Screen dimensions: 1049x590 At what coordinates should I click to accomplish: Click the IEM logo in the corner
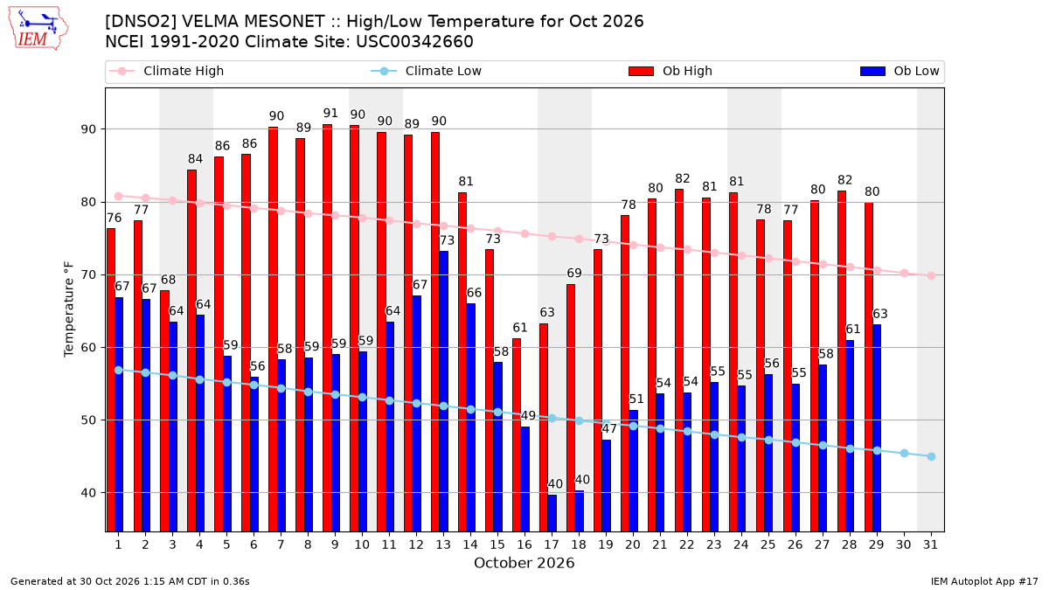[38, 29]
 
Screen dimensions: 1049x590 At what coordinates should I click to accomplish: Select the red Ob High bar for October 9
[327, 328]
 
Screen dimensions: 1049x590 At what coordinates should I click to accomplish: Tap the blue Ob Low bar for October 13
[443, 392]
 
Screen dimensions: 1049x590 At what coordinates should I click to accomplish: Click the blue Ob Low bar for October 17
[552, 513]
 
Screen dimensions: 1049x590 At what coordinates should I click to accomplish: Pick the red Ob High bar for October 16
[517, 435]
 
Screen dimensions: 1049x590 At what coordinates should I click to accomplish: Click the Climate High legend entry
[166, 71]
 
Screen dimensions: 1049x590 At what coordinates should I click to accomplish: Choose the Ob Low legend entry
[900, 71]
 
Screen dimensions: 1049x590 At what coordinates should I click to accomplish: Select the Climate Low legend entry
[427, 71]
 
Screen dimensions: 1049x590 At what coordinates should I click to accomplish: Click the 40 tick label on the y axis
[88, 493]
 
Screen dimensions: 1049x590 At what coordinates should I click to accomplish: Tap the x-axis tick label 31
[930, 545]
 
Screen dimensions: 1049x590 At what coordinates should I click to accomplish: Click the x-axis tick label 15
[497, 545]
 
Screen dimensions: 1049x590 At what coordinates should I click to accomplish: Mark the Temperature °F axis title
[69, 309]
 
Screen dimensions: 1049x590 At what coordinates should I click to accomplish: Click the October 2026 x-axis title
[524, 563]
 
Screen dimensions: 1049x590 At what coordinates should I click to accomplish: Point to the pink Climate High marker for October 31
[932, 276]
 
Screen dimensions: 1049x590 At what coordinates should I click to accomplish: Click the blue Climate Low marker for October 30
[904, 454]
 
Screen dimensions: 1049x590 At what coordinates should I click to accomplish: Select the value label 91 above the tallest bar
[330, 114]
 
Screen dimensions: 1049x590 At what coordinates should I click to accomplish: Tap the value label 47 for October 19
[609, 428]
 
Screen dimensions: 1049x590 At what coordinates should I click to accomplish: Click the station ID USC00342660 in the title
[414, 42]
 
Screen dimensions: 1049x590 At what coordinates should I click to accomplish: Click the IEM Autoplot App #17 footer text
[984, 581]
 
